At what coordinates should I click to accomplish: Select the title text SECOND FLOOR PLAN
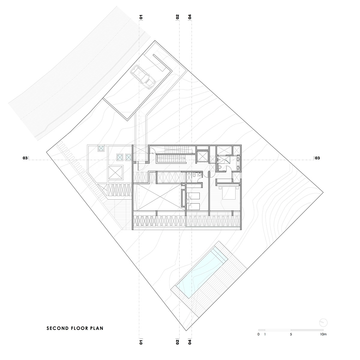coord(75,328)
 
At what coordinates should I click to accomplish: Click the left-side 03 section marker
coord(25,158)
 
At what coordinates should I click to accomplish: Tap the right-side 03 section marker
coord(317,158)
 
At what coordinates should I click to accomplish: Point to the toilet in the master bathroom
coord(220,167)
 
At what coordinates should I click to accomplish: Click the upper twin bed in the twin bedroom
coord(193,196)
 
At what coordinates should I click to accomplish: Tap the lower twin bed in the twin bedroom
coord(193,206)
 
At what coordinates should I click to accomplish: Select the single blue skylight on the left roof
coord(101,148)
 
